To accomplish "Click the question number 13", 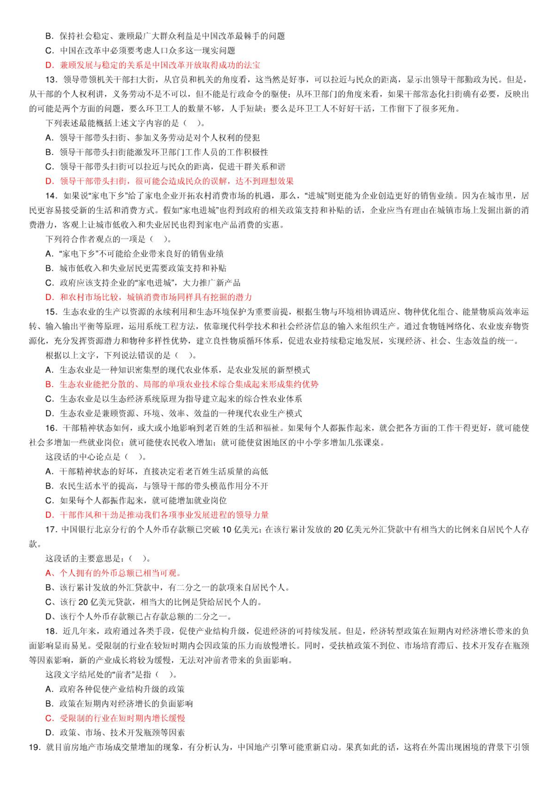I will point(51,80).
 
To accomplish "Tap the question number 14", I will point(51,196).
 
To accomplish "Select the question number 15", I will point(51,312).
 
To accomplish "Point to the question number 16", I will point(51,428).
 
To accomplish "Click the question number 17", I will point(51,529).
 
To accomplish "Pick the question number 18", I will point(51,631).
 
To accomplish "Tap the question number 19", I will point(35,747).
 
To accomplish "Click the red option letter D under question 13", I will point(49,181).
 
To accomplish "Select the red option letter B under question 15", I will point(49,384).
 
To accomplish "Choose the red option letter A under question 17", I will point(49,573).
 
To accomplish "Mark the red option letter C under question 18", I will point(49,718).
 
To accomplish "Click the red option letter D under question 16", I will point(49,515).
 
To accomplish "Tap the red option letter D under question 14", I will point(49,297).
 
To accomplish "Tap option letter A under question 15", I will point(49,370).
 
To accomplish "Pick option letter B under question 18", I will point(49,704).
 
